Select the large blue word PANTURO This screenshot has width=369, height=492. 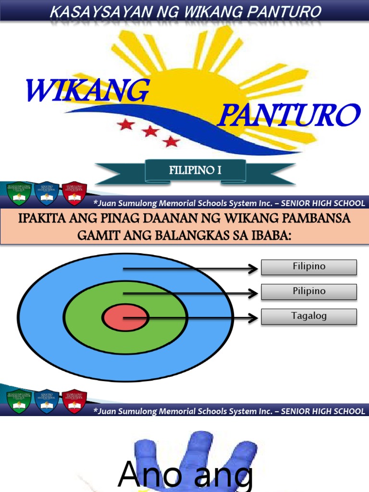(289, 115)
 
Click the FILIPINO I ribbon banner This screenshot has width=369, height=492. (195, 170)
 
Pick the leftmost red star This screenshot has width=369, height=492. (126, 124)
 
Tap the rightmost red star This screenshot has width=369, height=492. (171, 141)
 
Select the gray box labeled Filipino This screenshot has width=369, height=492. (309, 267)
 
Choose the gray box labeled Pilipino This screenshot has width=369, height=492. (309, 292)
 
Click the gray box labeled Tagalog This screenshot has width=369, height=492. (309, 317)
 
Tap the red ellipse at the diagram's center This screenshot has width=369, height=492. (125, 318)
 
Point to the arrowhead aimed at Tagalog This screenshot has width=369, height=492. (253, 318)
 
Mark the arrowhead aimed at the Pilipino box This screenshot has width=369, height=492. (253, 293)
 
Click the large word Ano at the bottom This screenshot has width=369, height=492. (149, 475)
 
